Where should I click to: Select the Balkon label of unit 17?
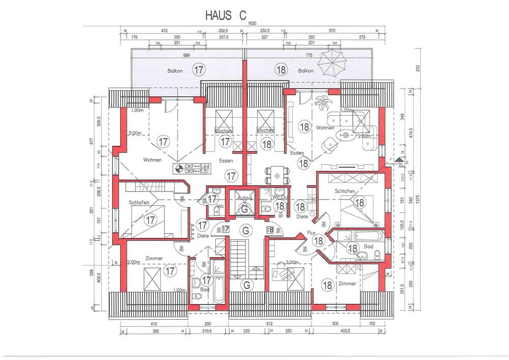175,71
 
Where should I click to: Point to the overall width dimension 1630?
251,23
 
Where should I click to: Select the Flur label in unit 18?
312,232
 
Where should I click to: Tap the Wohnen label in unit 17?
152,159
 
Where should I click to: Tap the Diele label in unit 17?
203,235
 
